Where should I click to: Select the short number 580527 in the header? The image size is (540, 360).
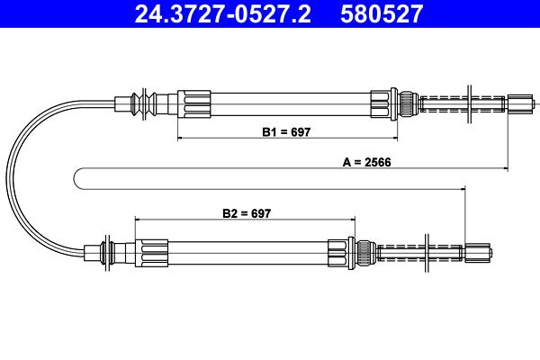pos(379,13)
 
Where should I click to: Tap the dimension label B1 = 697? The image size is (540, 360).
pos(286,131)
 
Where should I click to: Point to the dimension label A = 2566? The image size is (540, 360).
pos(365,164)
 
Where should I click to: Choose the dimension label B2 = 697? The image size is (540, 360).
pos(247,213)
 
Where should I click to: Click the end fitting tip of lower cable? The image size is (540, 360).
pos(480,251)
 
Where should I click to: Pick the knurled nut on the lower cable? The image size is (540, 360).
pos(365,251)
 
